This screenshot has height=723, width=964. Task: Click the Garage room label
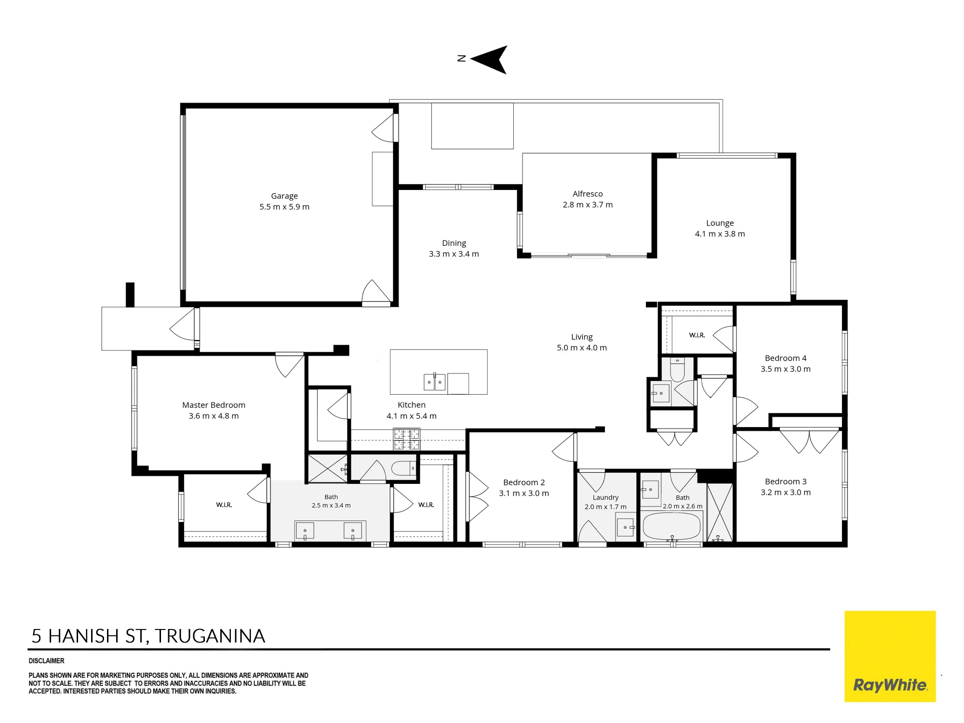pyautogui.click(x=284, y=196)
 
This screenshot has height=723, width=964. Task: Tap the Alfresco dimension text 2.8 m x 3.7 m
pyautogui.click(x=588, y=204)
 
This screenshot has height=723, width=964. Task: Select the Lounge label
pyautogui.click(x=720, y=223)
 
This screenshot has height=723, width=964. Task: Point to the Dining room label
pyautogui.click(x=454, y=243)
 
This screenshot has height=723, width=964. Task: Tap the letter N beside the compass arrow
pyautogui.click(x=461, y=58)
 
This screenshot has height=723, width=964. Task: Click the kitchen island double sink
pyautogui.click(x=434, y=382)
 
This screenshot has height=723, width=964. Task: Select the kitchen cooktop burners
pyautogui.click(x=406, y=439)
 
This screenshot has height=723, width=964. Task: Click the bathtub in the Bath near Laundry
pyautogui.click(x=671, y=526)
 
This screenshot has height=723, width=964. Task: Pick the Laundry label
pyautogui.click(x=605, y=497)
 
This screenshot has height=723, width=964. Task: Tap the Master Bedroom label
pyautogui.click(x=214, y=405)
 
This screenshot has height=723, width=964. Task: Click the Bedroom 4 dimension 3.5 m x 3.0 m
pyautogui.click(x=786, y=369)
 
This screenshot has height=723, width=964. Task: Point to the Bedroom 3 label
pyautogui.click(x=786, y=482)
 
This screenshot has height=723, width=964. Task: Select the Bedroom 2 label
pyautogui.click(x=524, y=482)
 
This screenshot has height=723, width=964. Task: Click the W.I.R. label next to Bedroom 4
pyautogui.click(x=697, y=335)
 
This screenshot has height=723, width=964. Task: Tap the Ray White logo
pyautogui.click(x=890, y=656)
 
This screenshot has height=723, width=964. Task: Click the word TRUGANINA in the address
pyautogui.click(x=210, y=636)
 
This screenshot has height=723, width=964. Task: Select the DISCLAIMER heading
pyautogui.click(x=46, y=661)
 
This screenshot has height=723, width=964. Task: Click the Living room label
pyautogui.click(x=582, y=337)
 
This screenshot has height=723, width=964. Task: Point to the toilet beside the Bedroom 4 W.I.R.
pyautogui.click(x=677, y=369)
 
